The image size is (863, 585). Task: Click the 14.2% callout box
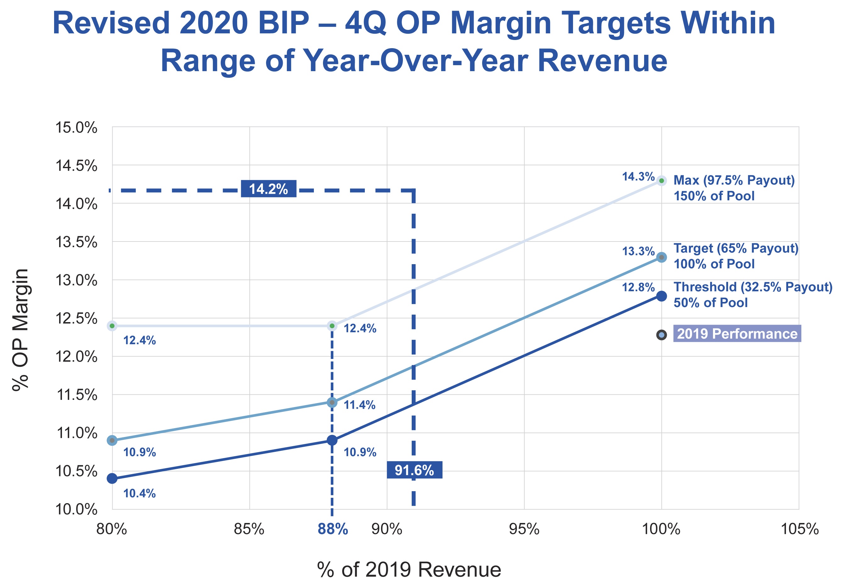(x=269, y=189)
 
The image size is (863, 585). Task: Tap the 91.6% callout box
(x=415, y=470)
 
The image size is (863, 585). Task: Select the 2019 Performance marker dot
(x=661, y=335)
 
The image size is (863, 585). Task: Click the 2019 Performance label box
(x=737, y=334)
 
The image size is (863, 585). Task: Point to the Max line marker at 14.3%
(x=661, y=181)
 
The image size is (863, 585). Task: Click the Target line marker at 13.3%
(x=661, y=257)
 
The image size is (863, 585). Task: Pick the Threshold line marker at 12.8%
(x=661, y=296)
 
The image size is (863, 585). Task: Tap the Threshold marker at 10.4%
(x=112, y=478)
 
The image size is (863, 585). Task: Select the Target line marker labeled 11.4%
(x=332, y=402)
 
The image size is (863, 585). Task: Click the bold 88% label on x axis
(x=333, y=529)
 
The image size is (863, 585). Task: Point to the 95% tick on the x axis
(x=524, y=529)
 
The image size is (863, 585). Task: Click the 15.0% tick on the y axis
(x=76, y=128)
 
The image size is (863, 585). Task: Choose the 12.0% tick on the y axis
(x=76, y=357)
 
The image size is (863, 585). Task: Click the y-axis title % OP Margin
(x=20, y=329)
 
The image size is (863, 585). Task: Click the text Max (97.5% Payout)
(x=734, y=180)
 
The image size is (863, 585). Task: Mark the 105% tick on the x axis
(x=799, y=529)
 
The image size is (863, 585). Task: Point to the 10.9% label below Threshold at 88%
(x=360, y=452)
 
